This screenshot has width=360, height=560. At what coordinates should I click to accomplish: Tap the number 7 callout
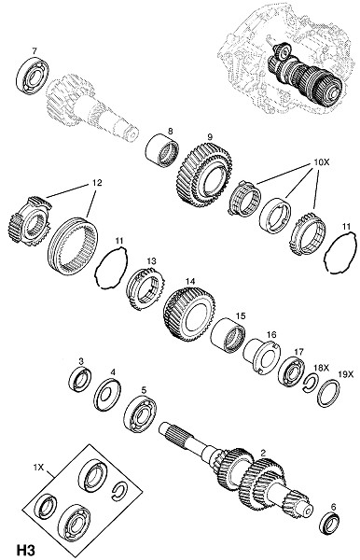[34, 50]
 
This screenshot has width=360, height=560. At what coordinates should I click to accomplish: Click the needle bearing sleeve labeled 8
[162, 150]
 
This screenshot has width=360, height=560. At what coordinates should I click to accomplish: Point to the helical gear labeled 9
[204, 175]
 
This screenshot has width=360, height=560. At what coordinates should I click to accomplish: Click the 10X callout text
[321, 161]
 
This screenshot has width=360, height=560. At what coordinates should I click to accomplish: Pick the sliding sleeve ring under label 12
[73, 245]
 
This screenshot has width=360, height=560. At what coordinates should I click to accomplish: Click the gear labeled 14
[189, 314]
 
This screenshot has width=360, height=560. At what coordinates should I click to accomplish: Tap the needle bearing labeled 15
[228, 336]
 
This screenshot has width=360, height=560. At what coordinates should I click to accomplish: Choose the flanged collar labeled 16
[262, 357]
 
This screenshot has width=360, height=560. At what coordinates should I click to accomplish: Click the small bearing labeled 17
[291, 371]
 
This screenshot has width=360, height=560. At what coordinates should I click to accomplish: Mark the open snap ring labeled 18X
[311, 384]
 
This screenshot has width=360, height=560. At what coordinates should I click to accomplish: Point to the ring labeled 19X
[328, 394]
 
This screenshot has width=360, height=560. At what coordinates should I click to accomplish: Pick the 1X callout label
[38, 467]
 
